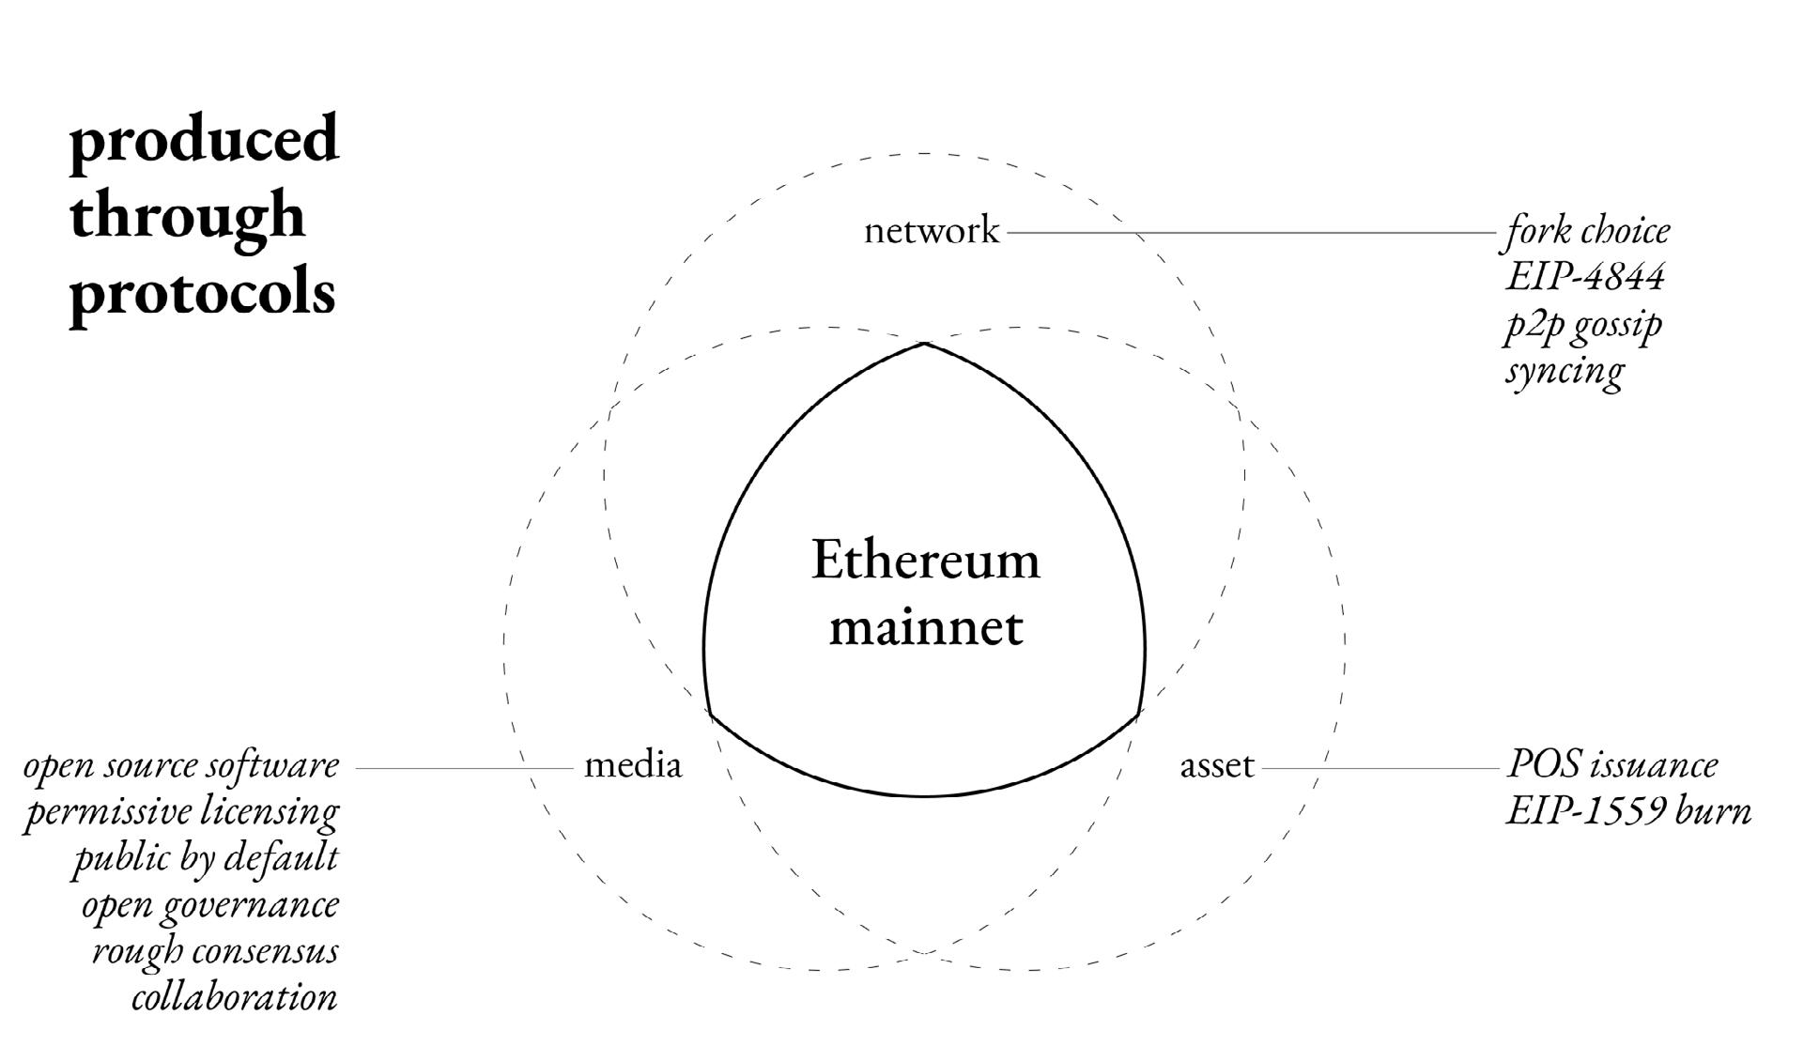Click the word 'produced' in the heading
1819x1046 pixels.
click(x=204, y=139)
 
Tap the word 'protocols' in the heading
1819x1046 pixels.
click(x=202, y=293)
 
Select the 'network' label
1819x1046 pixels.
click(x=931, y=231)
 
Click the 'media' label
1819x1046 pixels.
click(x=632, y=766)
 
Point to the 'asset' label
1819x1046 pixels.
click(x=1216, y=766)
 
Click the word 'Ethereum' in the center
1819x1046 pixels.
click(x=925, y=561)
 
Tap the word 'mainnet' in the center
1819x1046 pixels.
click(x=925, y=626)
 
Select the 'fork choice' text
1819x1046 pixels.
click(x=1588, y=231)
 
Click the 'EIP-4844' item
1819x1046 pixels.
click(x=1584, y=277)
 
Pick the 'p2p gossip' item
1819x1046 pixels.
click(x=1583, y=324)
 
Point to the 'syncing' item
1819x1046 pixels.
click(x=1565, y=370)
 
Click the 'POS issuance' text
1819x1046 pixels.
click(x=1611, y=764)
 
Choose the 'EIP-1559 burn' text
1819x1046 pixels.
click(x=1628, y=811)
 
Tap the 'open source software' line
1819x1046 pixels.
click(x=181, y=765)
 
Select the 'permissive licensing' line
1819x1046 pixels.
click(x=181, y=811)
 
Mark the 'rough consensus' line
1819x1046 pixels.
click(x=215, y=950)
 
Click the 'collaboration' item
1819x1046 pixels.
click(x=234, y=996)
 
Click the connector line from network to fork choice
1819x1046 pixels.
click(x=1249, y=232)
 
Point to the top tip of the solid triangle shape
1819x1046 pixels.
click(x=925, y=345)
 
